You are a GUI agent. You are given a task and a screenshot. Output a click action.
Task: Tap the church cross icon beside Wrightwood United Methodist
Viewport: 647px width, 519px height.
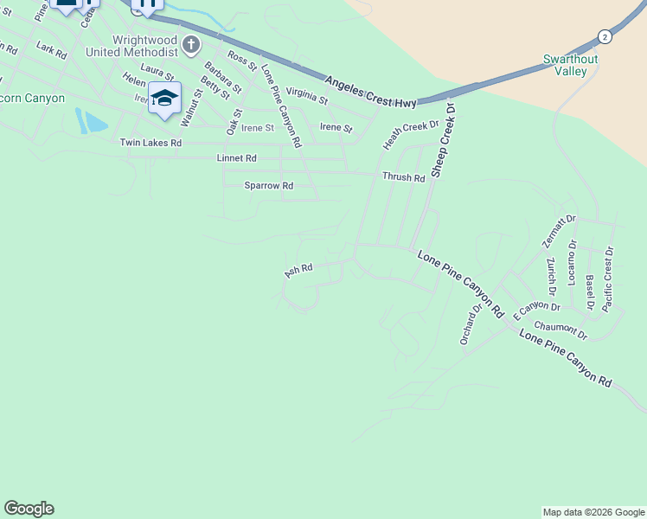pos(190,45)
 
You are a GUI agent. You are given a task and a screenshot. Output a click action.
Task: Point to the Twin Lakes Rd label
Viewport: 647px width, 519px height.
pos(151,143)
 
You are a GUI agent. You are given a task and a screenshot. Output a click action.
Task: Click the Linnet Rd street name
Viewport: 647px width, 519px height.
pos(236,158)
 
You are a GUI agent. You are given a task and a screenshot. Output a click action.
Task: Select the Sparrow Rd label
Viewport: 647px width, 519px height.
pos(268,186)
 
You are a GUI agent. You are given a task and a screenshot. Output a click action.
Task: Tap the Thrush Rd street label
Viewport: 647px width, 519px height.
pos(404,177)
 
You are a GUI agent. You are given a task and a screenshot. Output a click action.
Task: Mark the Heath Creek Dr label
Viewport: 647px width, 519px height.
pos(412,135)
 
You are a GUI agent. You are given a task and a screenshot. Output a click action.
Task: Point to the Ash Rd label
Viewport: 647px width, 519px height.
pos(298,272)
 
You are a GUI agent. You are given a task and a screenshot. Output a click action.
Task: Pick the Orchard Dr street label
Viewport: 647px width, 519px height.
pos(471,323)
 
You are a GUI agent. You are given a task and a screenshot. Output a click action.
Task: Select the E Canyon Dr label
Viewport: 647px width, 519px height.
pos(536,311)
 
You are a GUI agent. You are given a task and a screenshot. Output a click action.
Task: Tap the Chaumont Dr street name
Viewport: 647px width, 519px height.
pos(561,330)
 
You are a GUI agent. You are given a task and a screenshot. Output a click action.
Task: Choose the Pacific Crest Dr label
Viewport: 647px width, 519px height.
pos(608,279)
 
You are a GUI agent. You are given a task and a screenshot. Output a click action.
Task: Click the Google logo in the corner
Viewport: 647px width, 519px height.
pos(29,509)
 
